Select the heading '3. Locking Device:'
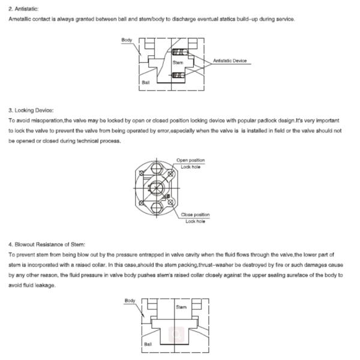coord(31,110)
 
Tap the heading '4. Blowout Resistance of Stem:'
coord(47,244)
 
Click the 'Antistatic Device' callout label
coord(230,61)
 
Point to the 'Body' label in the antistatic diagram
coord(127,40)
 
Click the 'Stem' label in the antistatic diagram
coord(178,62)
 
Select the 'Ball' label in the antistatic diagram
coord(146,82)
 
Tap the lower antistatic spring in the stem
coord(178,74)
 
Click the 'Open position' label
coord(190,160)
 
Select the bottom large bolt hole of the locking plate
coord(157,208)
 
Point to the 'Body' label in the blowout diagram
coord(130,300)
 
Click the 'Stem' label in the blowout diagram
coord(182,307)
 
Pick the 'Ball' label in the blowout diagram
coord(148,344)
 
